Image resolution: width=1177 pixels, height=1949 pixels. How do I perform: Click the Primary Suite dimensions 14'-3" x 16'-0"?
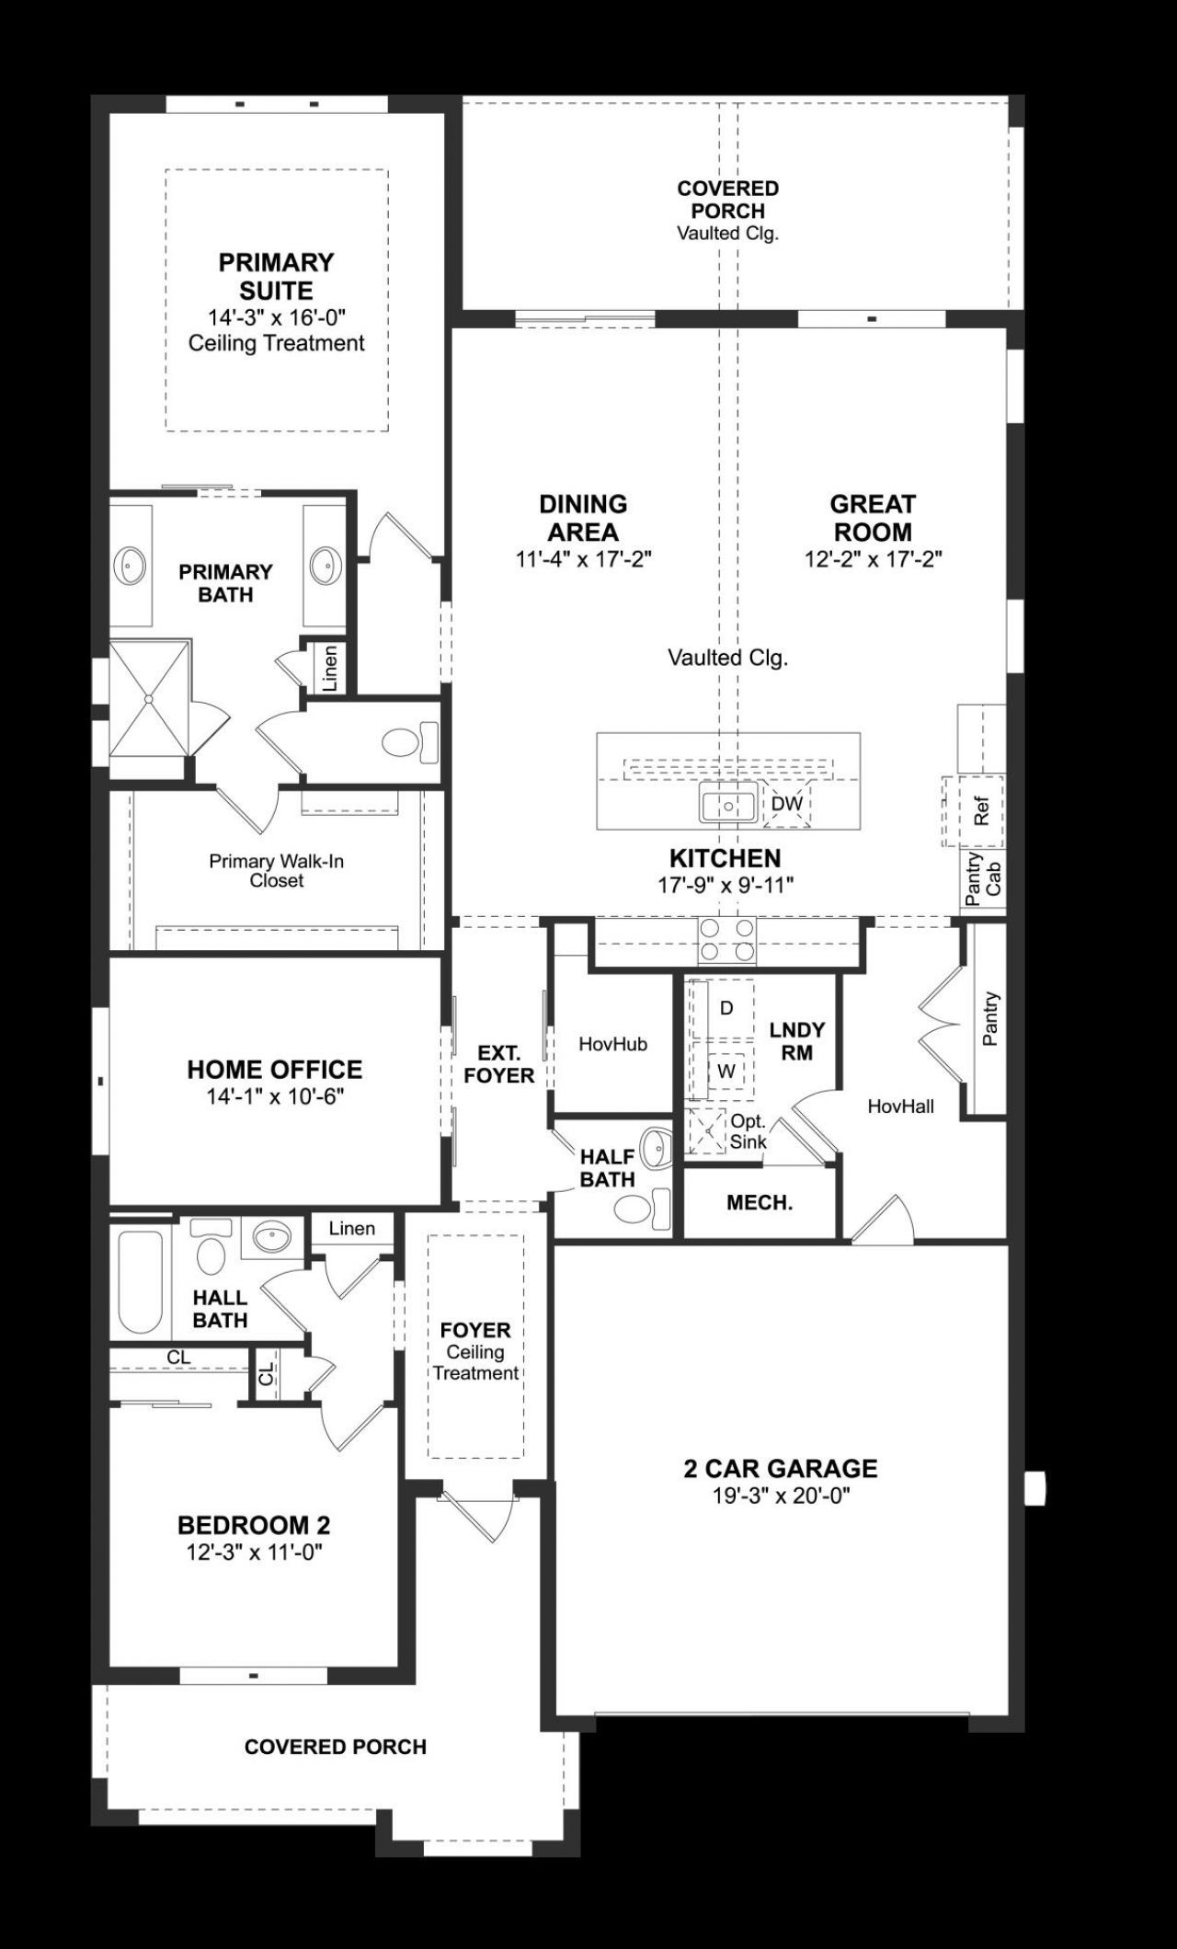click(x=276, y=317)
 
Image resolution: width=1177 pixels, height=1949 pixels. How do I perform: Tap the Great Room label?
click(x=872, y=518)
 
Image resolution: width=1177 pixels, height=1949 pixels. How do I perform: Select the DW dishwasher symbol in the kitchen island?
click(x=787, y=803)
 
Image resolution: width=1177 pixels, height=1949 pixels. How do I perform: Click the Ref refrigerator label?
click(x=981, y=810)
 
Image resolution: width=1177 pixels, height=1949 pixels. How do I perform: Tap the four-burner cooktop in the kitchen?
click(x=727, y=940)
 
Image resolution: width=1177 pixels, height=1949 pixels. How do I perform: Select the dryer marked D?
click(x=726, y=1008)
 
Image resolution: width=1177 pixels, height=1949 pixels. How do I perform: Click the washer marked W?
click(x=726, y=1072)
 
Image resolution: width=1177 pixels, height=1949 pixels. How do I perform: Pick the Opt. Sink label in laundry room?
click(x=748, y=1132)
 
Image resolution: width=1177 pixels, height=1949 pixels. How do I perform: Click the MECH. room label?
click(x=760, y=1202)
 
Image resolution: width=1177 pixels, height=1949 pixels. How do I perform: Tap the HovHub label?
click(x=612, y=1044)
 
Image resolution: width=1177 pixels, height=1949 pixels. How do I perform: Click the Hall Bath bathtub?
click(x=140, y=1282)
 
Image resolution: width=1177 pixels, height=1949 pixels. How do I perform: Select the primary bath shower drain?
click(x=148, y=699)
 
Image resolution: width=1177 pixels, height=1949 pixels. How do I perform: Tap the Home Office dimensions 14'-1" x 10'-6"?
click(x=275, y=1096)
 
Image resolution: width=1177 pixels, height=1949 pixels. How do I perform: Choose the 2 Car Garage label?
click(x=780, y=1468)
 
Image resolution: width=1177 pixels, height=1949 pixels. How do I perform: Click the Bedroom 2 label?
click(x=254, y=1525)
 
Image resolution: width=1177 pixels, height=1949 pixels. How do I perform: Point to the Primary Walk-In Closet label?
click(x=276, y=870)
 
